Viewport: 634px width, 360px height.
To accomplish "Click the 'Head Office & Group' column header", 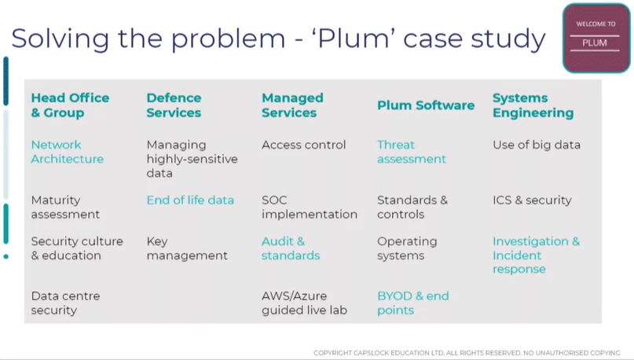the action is [70, 105].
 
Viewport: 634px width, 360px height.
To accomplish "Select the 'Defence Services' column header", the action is [174, 105].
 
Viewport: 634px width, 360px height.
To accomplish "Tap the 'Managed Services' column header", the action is [292, 105].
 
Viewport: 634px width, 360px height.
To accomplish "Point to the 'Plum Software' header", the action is [426, 105].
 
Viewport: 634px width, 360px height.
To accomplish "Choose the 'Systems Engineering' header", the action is [533, 105].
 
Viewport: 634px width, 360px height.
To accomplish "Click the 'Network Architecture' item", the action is [67, 152].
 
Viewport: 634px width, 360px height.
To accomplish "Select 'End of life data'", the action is [190, 200].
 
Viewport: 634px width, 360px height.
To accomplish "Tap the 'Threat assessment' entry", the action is [411, 152].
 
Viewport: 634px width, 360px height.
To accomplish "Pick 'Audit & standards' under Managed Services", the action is [291, 248].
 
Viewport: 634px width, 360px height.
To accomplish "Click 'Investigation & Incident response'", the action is [536, 255].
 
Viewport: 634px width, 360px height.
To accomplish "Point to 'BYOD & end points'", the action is [412, 303].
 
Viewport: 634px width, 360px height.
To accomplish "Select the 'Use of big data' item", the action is [536, 145].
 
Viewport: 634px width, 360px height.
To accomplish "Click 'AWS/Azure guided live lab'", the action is [304, 303].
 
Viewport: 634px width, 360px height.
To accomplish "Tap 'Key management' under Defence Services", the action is [187, 248].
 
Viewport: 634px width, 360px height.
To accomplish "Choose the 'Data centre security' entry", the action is [65, 303].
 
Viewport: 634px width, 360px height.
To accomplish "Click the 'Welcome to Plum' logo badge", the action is [596, 38].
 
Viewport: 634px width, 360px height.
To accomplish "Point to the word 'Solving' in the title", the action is [60, 39].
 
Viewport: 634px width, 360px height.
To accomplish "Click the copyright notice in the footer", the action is [467, 353].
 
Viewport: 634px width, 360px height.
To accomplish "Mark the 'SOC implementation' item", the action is [310, 207].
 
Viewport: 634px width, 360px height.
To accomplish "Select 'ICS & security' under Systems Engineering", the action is [532, 200].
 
